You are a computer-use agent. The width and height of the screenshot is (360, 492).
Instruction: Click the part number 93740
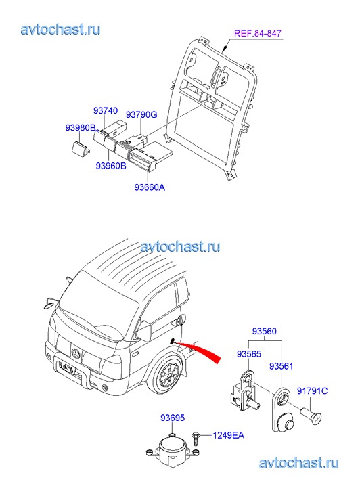pyautogui.click(x=106, y=111)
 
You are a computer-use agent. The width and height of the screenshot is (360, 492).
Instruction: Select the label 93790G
pyautogui.click(x=141, y=115)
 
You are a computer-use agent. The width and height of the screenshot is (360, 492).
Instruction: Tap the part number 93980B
pyautogui.click(x=81, y=128)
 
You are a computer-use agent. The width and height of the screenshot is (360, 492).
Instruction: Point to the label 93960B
pyautogui.click(x=111, y=166)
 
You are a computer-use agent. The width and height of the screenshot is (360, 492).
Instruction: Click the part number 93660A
pyautogui.click(x=150, y=187)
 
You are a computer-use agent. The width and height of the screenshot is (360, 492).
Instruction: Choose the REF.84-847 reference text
pyautogui.click(x=258, y=33)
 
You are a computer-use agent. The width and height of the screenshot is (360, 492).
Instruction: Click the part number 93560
pyautogui.click(x=265, y=332)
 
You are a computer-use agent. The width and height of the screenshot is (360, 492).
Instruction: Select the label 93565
pyautogui.click(x=249, y=354)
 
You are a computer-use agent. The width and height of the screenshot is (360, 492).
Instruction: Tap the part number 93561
pyautogui.click(x=282, y=366)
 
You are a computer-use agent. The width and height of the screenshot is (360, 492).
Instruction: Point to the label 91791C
pyautogui.click(x=312, y=391)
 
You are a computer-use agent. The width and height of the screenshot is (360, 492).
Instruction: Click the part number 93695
pyautogui.click(x=173, y=418)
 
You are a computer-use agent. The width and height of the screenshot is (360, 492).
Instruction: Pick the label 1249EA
pyautogui.click(x=228, y=436)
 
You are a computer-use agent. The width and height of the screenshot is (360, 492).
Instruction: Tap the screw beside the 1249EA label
pyautogui.click(x=196, y=439)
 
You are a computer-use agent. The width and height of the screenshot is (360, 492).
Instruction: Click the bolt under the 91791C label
pyautogui.click(x=311, y=416)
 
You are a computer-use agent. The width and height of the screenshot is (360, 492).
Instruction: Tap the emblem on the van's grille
pyautogui.click(x=76, y=354)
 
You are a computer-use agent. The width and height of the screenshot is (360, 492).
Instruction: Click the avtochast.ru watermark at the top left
pyautogui.click(x=61, y=30)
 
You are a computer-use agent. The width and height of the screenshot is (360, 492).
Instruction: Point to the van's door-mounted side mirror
pyautogui.click(x=144, y=331)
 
